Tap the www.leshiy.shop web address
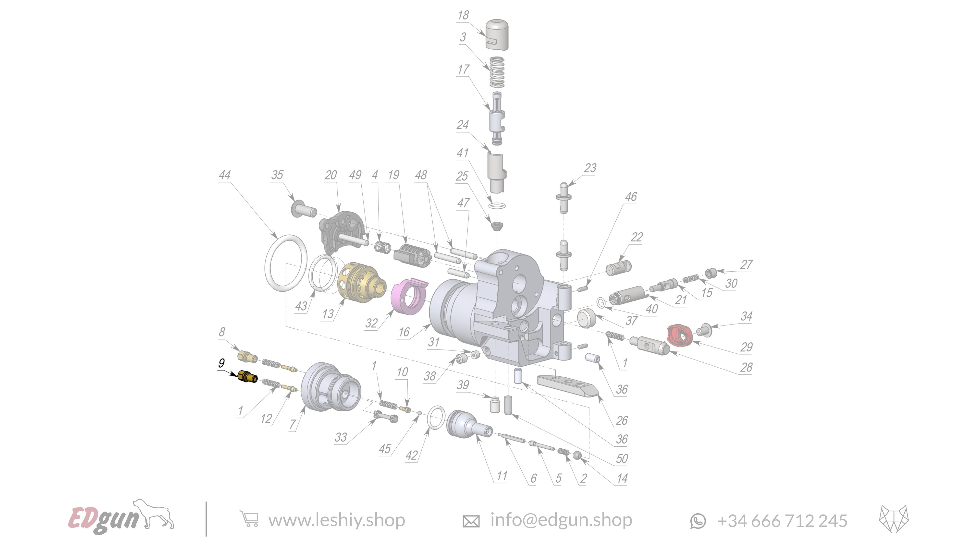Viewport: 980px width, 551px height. tap(336, 520)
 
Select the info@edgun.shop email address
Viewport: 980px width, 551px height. tap(561, 520)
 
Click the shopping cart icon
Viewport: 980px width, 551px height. tap(249, 519)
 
